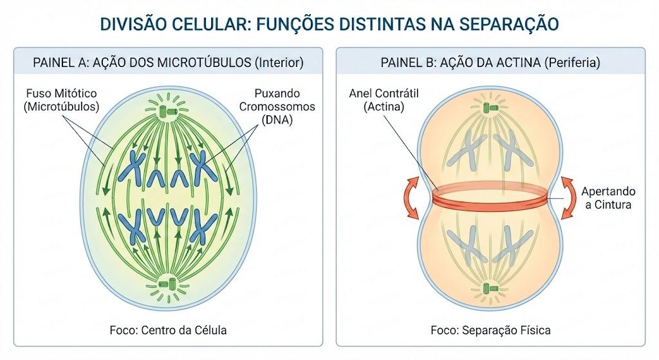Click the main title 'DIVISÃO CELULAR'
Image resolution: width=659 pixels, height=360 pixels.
175,24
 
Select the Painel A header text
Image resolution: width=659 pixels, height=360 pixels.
168,62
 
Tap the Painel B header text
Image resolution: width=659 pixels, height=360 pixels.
490,62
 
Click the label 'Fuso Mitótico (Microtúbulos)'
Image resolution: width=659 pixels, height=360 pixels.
61,100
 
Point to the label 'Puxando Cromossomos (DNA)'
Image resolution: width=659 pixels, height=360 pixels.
277,107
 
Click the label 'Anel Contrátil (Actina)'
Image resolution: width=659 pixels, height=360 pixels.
384,100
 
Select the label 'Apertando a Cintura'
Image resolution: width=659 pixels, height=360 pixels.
608,198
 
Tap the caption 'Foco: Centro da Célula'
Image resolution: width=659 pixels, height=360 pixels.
168,330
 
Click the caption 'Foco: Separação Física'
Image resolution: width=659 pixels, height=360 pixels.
490,330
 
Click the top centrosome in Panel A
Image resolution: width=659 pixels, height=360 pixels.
168,110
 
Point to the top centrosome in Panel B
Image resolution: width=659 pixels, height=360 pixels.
490,107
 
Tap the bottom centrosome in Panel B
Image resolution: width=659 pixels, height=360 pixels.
490,289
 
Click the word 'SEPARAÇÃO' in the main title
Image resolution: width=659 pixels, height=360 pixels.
508,24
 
